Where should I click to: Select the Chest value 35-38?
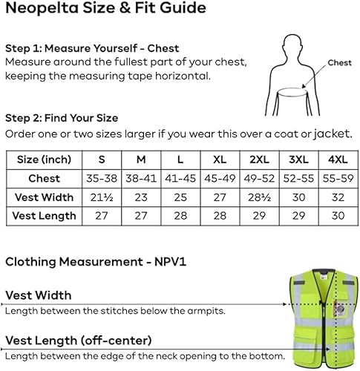click(x=102, y=178)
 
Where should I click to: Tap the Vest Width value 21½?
click(x=102, y=197)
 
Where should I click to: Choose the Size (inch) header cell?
click(x=44, y=160)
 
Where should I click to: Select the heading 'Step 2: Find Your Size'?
click(x=62, y=117)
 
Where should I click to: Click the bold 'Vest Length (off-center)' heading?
click(x=79, y=341)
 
